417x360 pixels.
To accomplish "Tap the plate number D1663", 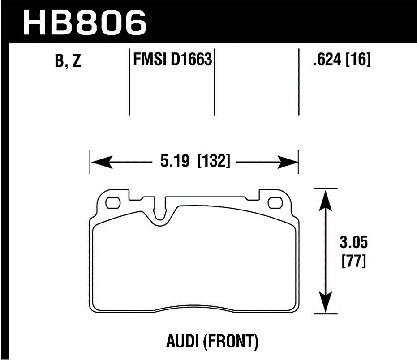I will (x=191, y=59).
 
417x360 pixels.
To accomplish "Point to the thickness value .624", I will (x=328, y=59).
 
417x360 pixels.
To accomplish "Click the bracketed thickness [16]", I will (x=359, y=59).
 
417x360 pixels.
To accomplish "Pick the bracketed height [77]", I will (x=354, y=261).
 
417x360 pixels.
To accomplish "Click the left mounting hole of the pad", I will (x=112, y=203).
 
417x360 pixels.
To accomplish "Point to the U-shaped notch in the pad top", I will (x=159, y=213).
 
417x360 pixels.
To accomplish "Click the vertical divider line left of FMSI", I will (x=129, y=81).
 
